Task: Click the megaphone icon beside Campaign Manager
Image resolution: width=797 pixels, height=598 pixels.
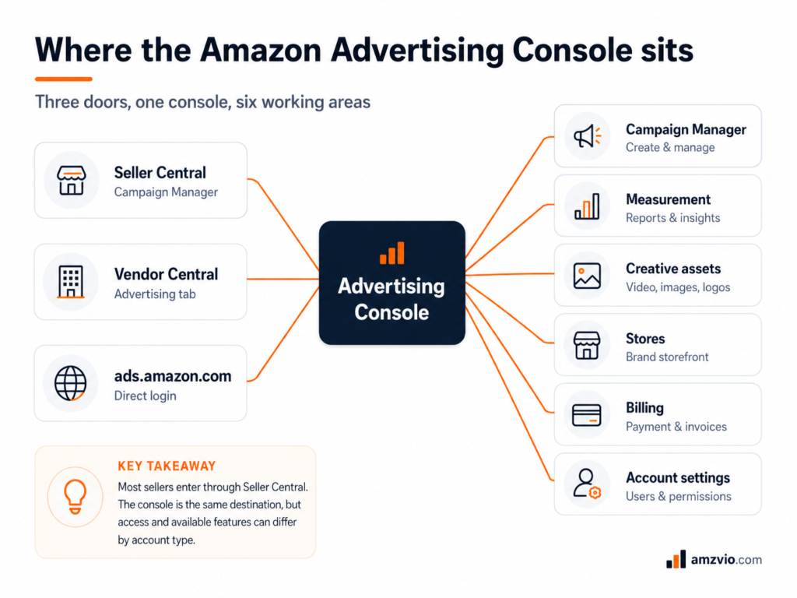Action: (x=587, y=135)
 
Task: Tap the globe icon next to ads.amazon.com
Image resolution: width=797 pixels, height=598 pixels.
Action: (x=71, y=383)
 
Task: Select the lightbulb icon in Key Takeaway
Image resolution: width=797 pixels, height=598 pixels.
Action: (x=75, y=497)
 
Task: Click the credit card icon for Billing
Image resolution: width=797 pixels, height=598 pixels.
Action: (x=587, y=415)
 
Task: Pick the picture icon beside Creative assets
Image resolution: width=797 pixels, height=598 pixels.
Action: (x=587, y=276)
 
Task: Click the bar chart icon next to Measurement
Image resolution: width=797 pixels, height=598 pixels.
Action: (x=587, y=206)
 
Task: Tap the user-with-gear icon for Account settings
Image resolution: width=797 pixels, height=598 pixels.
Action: (x=587, y=484)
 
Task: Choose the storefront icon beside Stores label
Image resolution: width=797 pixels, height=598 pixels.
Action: (x=587, y=345)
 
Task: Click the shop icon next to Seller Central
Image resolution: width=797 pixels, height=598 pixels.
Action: (x=71, y=180)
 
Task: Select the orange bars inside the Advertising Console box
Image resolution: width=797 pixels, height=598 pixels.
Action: (x=392, y=253)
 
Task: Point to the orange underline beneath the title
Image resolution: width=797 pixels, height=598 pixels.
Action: (x=64, y=79)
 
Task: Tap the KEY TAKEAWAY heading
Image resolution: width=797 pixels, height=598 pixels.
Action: (x=167, y=466)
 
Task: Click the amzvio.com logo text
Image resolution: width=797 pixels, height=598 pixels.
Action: (x=726, y=560)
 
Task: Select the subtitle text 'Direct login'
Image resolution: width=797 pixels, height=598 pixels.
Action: (x=146, y=396)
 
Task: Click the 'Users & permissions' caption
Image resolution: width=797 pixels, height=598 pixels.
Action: (x=679, y=496)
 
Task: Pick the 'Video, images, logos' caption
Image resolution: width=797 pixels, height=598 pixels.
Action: (x=678, y=287)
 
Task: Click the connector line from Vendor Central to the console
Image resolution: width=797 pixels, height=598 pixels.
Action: (x=283, y=279)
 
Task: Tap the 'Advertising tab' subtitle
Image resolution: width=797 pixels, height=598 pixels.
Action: (x=155, y=294)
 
